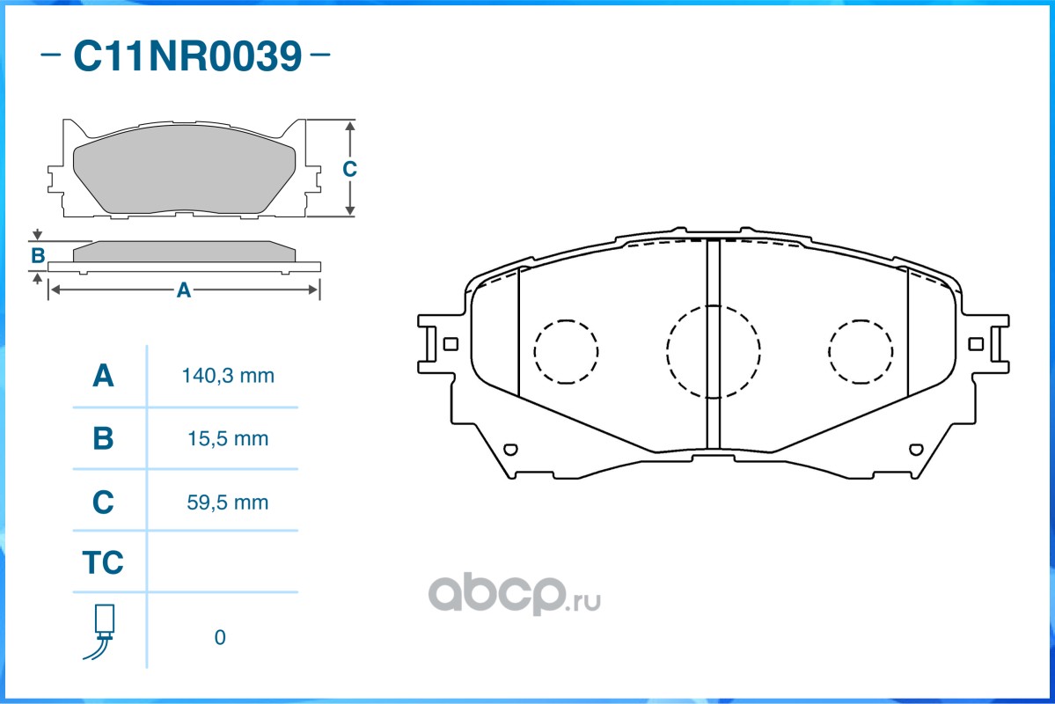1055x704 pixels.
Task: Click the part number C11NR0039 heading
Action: (x=187, y=55)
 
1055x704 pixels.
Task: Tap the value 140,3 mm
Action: (x=228, y=376)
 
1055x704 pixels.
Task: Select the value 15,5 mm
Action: (x=228, y=439)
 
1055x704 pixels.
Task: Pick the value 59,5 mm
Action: (x=227, y=502)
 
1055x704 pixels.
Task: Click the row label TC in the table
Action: (x=103, y=562)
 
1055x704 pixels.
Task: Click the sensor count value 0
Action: (x=220, y=637)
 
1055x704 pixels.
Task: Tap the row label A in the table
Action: (x=103, y=376)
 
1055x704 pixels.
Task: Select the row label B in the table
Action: (x=103, y=438)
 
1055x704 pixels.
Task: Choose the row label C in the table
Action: (x=103, y=502)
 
